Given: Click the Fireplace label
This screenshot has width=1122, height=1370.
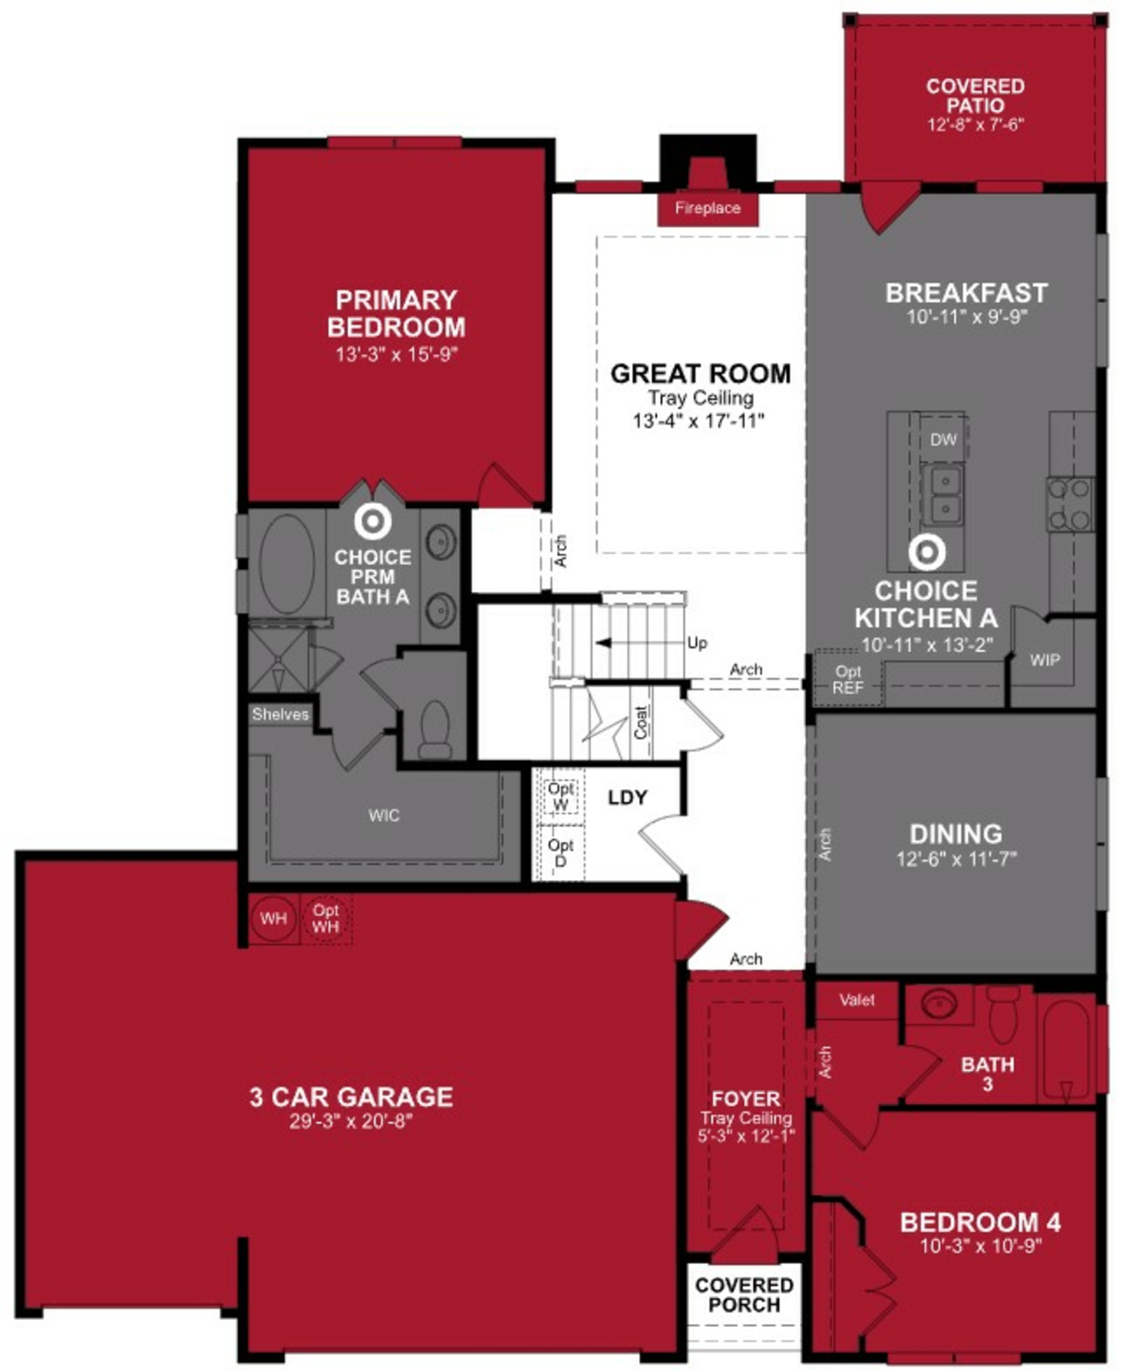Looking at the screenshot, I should click(x=708, y=208).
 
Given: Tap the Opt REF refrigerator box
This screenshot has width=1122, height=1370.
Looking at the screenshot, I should click(x=847, y=680).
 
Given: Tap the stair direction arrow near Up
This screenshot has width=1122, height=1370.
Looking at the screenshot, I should click(x=604, y=643).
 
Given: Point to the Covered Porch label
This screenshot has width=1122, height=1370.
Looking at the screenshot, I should click(x=744, y=1295).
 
